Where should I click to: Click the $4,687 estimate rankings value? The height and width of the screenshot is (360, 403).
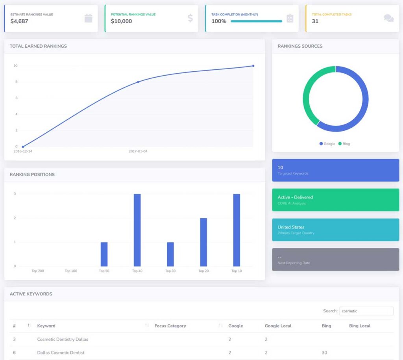(x=19, y=21)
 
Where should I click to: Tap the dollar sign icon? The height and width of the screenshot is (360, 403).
(x=190, y=18)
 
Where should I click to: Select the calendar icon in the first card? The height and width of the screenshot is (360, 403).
(x=89, y=18)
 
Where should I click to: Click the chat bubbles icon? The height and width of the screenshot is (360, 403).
(x=388, y=18)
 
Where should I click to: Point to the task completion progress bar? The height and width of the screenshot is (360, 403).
(x=256, y=21)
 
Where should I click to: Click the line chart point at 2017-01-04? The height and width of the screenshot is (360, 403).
(x=138, y=82)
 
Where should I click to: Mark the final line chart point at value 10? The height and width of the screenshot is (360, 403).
(x=253, y=66)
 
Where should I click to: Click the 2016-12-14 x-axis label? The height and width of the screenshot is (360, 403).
(x=23, y=151)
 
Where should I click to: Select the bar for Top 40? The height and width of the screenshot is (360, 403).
(x=137, y=230)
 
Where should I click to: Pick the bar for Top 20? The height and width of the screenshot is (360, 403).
(x=203, y=242)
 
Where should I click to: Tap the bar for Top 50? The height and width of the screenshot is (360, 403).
(x=104, y=254)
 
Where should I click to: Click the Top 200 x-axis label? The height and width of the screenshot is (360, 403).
(x=38, y=271)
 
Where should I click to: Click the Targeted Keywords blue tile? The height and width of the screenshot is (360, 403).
(x=335, y=170)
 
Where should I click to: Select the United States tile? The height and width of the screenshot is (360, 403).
(x=335, y=230)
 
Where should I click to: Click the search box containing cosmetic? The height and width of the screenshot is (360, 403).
(x=366, y=311)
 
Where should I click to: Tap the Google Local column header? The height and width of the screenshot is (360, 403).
(x=278, y=326)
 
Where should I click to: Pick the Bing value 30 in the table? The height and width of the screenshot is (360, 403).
(x=324, y=353)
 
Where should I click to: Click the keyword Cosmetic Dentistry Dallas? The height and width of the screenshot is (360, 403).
(x=63, y=339)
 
